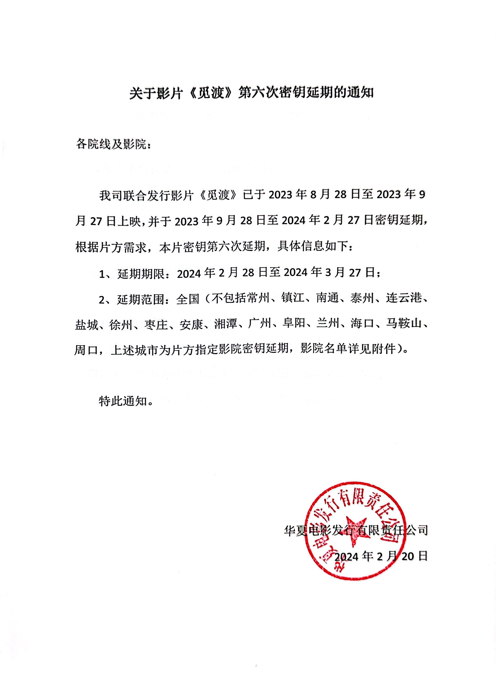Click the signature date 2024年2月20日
pyautogui.click(x=381, y=556)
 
